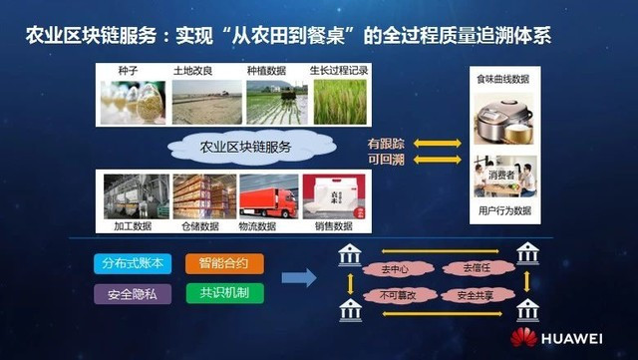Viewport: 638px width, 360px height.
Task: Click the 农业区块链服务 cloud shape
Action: coord(245,148)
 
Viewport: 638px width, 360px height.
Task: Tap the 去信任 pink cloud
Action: coord(472,268)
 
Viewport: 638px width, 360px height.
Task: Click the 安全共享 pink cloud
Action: coord(472,296)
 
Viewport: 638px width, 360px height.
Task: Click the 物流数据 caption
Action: coord(269,226)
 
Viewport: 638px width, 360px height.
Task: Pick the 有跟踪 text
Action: coord(386,143)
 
